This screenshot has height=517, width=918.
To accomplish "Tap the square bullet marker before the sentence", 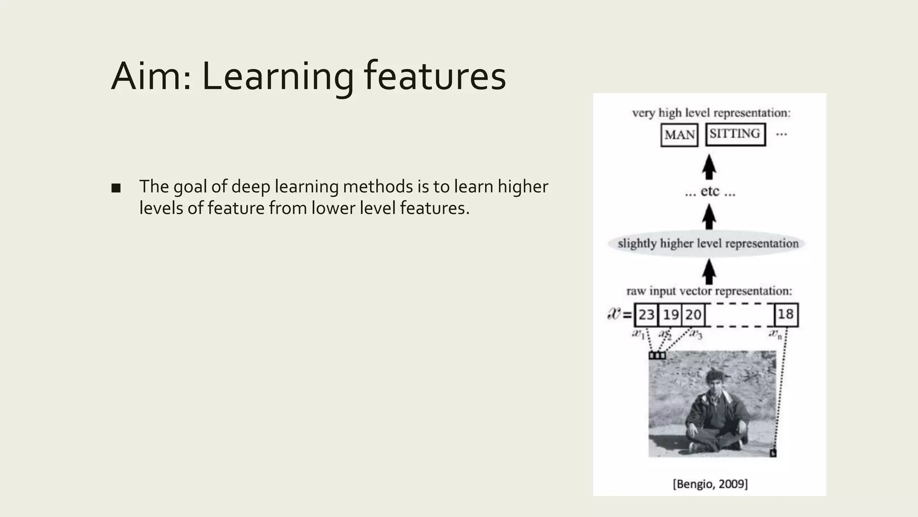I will (116, 188).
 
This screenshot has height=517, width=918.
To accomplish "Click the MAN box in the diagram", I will (679, 135).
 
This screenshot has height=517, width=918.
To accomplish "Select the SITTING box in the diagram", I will (735, 134).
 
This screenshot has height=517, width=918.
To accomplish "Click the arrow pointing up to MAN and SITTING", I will (709, 166).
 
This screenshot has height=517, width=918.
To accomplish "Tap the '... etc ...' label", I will (710, 192).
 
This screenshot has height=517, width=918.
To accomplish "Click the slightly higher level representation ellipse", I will (707, 244).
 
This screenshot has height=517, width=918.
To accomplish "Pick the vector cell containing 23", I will (646, 315).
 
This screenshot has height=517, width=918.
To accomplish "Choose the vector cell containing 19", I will (671, 315).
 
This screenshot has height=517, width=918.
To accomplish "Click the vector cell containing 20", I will (693, 315).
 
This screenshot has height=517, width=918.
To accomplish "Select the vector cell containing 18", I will (786, 314).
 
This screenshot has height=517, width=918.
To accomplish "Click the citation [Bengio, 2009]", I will (710, 484).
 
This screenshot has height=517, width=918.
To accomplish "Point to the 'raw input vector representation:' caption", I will (709, 291).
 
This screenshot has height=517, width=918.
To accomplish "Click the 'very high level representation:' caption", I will (711, 113).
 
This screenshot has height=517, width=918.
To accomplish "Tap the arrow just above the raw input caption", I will (709, 272).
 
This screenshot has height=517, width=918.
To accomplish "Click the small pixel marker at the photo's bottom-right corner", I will (773, 453).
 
